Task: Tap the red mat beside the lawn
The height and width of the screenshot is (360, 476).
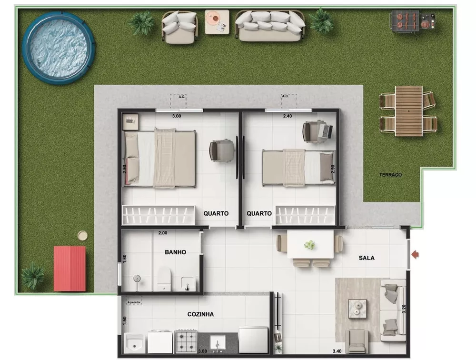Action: (x=69, y=269)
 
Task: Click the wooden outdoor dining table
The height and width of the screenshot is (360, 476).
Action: (x=408, y=110)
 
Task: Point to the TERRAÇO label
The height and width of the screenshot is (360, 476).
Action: (x=390, y=175)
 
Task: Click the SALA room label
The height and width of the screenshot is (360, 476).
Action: (x=367, y=258)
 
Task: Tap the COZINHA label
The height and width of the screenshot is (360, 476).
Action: (x=200, y=314)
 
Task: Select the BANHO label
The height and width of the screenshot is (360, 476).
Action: (x=175, y=252)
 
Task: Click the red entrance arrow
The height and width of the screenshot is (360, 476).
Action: (x=415, y=255)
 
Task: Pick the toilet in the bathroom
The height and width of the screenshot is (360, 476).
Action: (x=164, y=279)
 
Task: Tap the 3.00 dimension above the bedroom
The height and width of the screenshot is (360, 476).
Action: (x=177, y=116)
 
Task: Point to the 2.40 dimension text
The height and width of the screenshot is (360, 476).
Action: (x=288, y=116)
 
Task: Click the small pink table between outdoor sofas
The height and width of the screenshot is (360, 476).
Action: (x=217, y=21)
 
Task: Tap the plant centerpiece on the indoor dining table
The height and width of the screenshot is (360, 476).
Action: (x=310, y=245)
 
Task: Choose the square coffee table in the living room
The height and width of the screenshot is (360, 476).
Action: (x=357, y=309)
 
